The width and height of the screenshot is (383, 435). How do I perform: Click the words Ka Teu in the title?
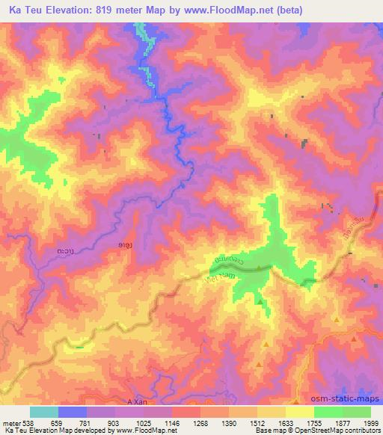click(x=30, y=11)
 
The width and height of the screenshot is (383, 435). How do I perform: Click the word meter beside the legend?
click(x=9, y=422)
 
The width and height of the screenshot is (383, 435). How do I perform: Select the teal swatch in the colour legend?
click(x=44, y=412)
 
